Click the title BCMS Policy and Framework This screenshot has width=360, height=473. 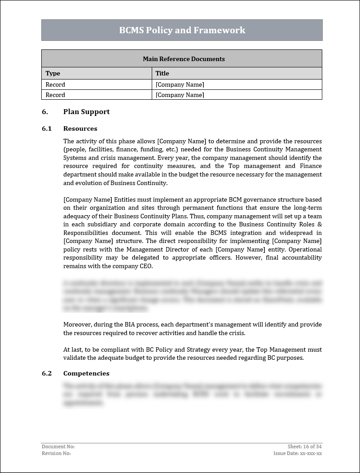[182, 30]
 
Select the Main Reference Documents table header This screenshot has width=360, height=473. [184, 59]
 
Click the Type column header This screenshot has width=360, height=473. [53, 73]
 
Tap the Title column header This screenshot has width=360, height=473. [162, 73]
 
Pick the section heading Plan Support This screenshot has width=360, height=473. [86, 112]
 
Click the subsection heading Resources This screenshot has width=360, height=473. [80, 128]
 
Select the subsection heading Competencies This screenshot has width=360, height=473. [86, 373]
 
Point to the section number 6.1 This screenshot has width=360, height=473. [47, 128]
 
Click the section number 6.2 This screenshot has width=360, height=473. [47, 373]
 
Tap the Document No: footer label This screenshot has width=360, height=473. [58, 446]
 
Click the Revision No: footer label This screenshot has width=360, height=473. [56, 453]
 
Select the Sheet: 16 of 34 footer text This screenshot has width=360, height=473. [305, 446]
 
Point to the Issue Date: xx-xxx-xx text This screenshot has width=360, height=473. [298, 453]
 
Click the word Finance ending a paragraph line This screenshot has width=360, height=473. [310, 166]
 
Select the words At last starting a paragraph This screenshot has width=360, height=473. [72, 349]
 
